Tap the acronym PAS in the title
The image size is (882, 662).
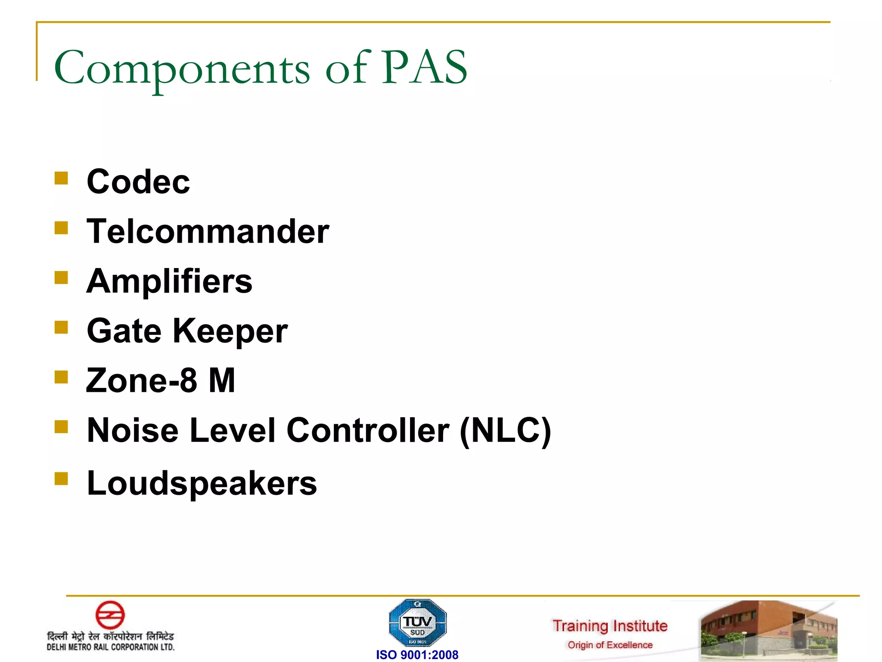425,68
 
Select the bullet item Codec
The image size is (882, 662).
138,182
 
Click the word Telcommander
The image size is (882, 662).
208,231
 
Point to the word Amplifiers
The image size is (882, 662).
169,281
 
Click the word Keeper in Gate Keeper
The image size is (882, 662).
230,331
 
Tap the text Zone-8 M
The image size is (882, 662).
161,381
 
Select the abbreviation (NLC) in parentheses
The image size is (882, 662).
505,431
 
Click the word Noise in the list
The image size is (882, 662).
132,431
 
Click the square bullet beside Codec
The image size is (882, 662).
61,178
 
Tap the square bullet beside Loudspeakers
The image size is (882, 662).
61,479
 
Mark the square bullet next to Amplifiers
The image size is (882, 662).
61,278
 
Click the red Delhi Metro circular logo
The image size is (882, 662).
110,615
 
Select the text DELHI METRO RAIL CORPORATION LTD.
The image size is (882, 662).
111,647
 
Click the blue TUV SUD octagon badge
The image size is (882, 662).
417,623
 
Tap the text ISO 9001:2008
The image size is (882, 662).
417,655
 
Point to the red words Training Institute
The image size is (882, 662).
610,626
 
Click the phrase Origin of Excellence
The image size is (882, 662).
610,645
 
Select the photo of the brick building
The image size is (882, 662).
769,630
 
